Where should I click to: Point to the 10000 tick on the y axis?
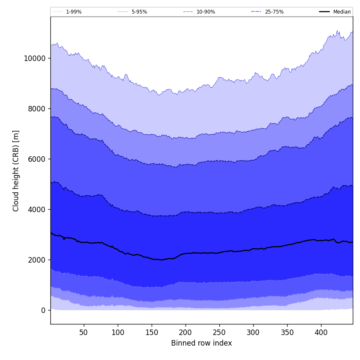(x=35, y=58)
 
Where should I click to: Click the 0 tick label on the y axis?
(x=43, y=310)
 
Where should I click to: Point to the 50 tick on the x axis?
(x=84, y=332)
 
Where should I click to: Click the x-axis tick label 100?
(x=118, y=332)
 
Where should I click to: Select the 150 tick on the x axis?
(x=152, y=332)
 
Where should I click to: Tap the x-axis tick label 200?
(x=186, y=332)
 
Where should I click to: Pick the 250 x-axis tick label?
(x=219, y=332)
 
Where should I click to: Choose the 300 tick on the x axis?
(x=253, y=332)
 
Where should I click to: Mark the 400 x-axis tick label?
(x=321, y=332)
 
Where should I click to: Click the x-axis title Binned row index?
(x=202, y=343)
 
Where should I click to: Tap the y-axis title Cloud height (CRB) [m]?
(x=16, y=171)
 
